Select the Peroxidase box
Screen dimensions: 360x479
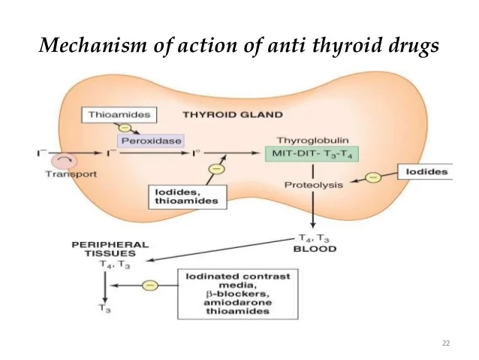tap(149, 141)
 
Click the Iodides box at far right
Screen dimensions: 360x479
tap(426, 172)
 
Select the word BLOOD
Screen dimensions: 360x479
tap(315, 249)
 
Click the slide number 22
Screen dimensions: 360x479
tap(446, 343)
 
